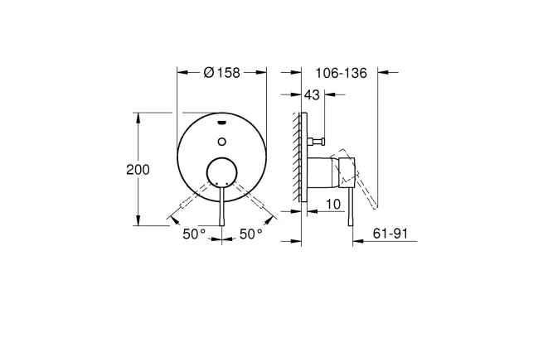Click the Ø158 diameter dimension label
tap(222, 73)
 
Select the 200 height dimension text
tap(138, 170)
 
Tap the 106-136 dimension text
tap(341, 73)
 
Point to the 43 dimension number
tap(312, 94)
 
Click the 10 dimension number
tap(333, 204)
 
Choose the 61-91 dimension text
tap(390, 234)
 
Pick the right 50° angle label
tap(251, 234)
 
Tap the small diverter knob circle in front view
tap(222, 142)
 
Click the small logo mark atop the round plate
tap(222, 122)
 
